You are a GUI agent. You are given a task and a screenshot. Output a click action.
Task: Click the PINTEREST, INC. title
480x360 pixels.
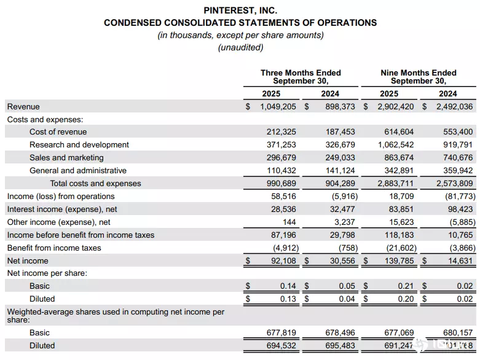pos(240,10)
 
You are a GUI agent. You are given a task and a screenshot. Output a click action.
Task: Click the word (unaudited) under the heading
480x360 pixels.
pos(240,47)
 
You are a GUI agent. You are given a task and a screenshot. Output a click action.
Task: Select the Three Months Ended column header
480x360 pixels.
pos(301,77)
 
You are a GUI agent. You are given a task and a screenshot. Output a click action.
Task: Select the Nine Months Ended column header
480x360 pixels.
pos(419,77)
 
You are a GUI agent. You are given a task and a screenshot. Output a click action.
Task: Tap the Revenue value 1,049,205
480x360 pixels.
pos(278,107)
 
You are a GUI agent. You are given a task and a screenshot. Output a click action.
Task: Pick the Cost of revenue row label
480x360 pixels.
pos(58,132)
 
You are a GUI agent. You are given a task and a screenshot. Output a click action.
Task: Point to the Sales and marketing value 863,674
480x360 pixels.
pos(395,158)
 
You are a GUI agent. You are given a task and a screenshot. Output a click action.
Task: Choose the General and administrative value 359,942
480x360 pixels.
pos(458,171)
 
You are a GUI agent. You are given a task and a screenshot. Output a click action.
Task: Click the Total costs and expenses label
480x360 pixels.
pos(95,184)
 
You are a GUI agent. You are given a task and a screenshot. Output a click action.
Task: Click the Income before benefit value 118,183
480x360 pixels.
pos(399,235)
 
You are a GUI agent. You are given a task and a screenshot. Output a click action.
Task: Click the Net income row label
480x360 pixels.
pos(28,261)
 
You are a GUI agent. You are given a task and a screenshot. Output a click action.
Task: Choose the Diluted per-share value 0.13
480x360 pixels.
pos(288,299)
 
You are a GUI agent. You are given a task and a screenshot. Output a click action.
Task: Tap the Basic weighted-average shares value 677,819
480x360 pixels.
pos(282,332)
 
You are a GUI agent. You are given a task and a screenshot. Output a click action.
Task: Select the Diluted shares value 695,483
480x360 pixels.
pos(341,346)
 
